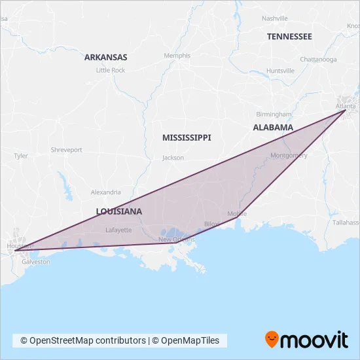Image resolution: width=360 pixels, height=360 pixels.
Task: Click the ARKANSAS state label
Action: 105,57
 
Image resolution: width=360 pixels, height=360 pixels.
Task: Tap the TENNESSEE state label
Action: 289,37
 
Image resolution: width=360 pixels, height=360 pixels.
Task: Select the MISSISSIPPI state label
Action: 187,137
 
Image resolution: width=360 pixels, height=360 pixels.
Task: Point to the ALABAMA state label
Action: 273,128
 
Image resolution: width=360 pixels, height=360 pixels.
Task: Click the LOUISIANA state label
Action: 119,211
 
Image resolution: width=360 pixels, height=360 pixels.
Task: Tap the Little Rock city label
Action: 110,70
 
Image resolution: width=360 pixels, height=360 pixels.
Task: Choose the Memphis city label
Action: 177,56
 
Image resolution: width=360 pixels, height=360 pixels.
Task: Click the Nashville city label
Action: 274,18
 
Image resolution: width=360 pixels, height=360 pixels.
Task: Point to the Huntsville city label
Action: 281,71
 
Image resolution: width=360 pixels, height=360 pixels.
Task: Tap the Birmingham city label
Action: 274,113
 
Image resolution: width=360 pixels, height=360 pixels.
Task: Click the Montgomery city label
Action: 289,155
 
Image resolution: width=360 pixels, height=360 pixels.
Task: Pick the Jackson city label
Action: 173,158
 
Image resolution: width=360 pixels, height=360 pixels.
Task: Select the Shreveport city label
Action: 67,150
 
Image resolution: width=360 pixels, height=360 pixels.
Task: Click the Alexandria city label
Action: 106,192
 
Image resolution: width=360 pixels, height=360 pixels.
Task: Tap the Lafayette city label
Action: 118,230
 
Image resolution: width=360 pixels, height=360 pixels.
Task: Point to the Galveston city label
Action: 35,261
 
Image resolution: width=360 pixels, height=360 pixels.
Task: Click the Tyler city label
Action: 21,156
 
